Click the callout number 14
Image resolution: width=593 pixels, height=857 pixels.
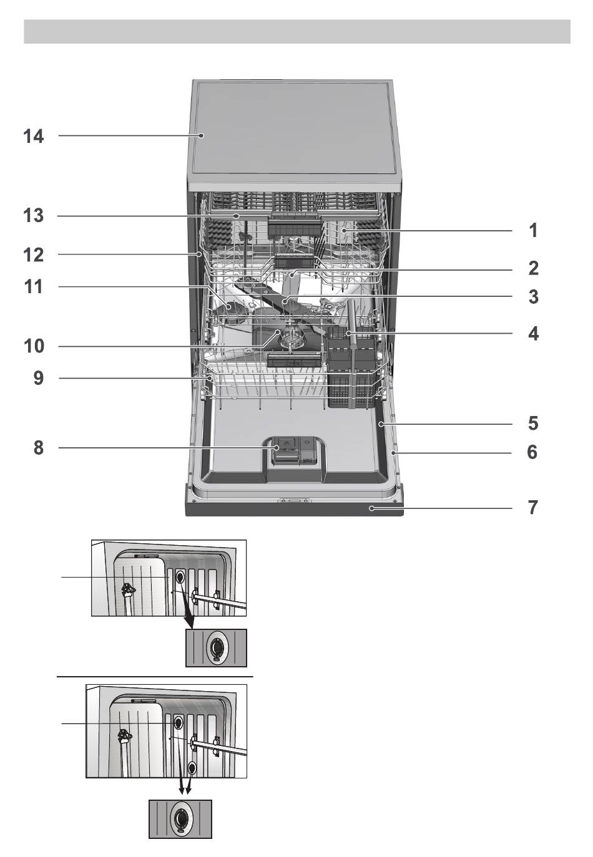[34, 136]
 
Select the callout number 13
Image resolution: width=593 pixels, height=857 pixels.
[34, 216]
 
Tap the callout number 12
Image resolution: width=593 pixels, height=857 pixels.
[34, 255]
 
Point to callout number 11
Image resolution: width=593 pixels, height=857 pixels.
[34, 287]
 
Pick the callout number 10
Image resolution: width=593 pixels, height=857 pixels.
[34, 346]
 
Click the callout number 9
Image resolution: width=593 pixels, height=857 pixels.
[39, 379]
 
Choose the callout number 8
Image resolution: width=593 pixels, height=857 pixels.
[39, 448]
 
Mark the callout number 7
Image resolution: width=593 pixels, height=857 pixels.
[533, 508]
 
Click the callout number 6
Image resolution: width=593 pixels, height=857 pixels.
[532, 452]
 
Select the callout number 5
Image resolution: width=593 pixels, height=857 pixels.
[533, 424]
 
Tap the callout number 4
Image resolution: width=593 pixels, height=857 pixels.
[534, 334]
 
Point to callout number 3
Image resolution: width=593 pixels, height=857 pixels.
[534, 297]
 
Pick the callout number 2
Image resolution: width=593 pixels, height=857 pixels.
[534, 268]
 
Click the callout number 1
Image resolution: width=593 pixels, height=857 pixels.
[534, 231]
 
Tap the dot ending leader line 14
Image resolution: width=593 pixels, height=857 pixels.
[200, 135]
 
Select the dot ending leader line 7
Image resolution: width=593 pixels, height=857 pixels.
[371, 508]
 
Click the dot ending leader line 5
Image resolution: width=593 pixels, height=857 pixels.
[381, 424]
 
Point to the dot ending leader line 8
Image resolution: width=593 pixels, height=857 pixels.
[275, 447]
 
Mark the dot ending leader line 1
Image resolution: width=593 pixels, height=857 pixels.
[344, 231]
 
